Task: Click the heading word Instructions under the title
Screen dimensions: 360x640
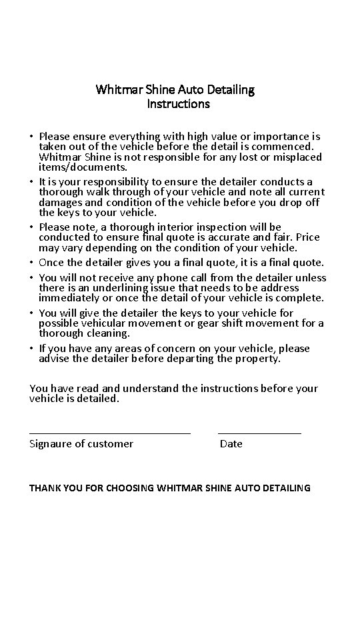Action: (178, 104)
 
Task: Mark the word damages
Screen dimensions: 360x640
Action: (59, 202)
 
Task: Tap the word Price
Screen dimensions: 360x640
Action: (306, 237)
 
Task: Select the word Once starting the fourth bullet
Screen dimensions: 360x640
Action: (52, 262)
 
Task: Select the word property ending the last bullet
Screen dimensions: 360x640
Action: (258, 359)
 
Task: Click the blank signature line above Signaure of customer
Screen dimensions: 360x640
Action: (110, 433)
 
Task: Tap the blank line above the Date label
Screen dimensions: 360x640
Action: (259, 433)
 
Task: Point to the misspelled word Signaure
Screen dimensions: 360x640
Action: (52, 444)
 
